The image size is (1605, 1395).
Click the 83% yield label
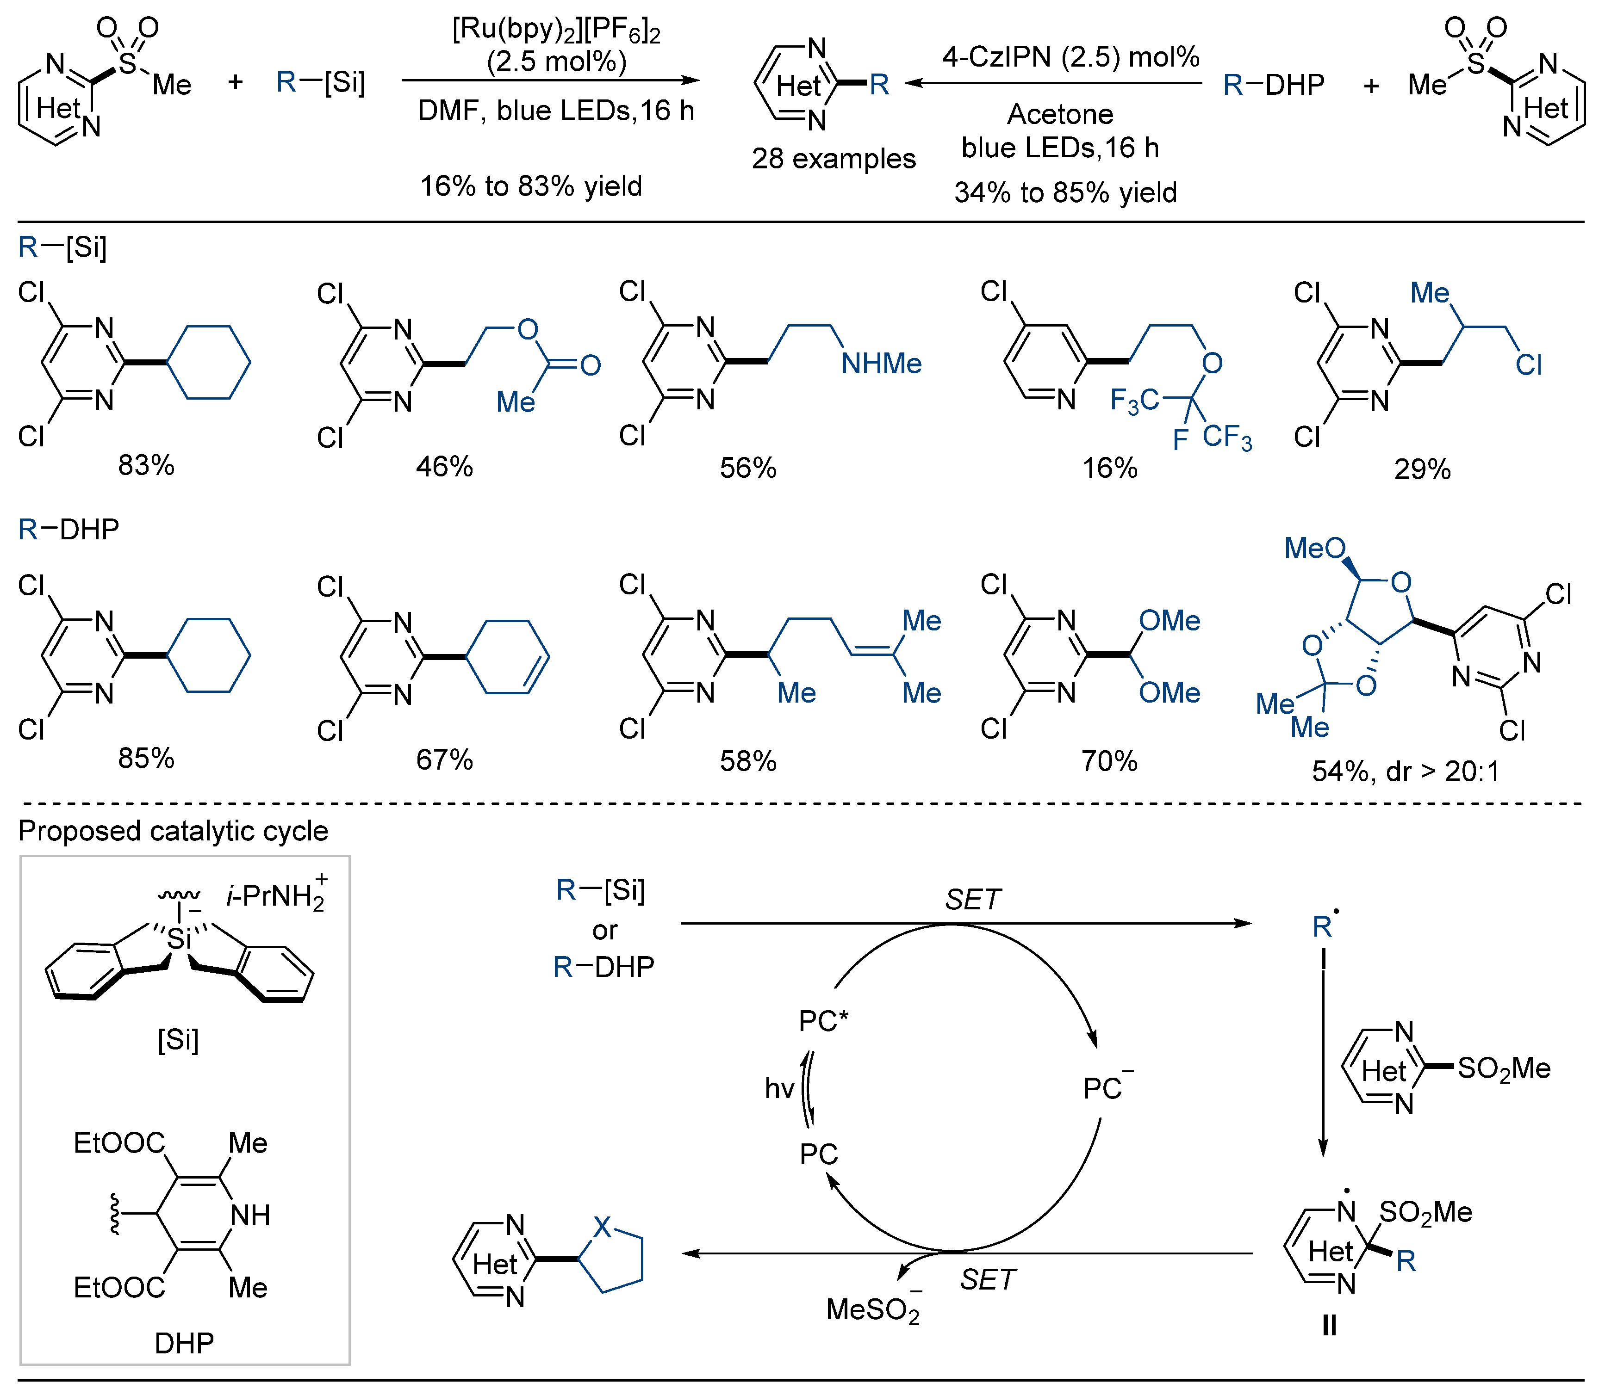click(146, 465)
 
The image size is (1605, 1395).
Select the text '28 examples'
click(833, 159)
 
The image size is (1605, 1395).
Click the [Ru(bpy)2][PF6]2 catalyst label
click(556, 30)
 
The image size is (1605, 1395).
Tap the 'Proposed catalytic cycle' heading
click(173, 831)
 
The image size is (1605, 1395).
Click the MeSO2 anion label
click(873, 1309)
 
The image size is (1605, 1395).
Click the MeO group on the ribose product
click(1314, 548)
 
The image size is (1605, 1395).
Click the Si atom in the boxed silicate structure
click(179, 939)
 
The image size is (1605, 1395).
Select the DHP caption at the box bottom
click(184, 1343)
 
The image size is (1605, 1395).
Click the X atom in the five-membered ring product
click(602, 1228)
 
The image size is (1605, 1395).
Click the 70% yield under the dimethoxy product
click(1109, 760)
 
